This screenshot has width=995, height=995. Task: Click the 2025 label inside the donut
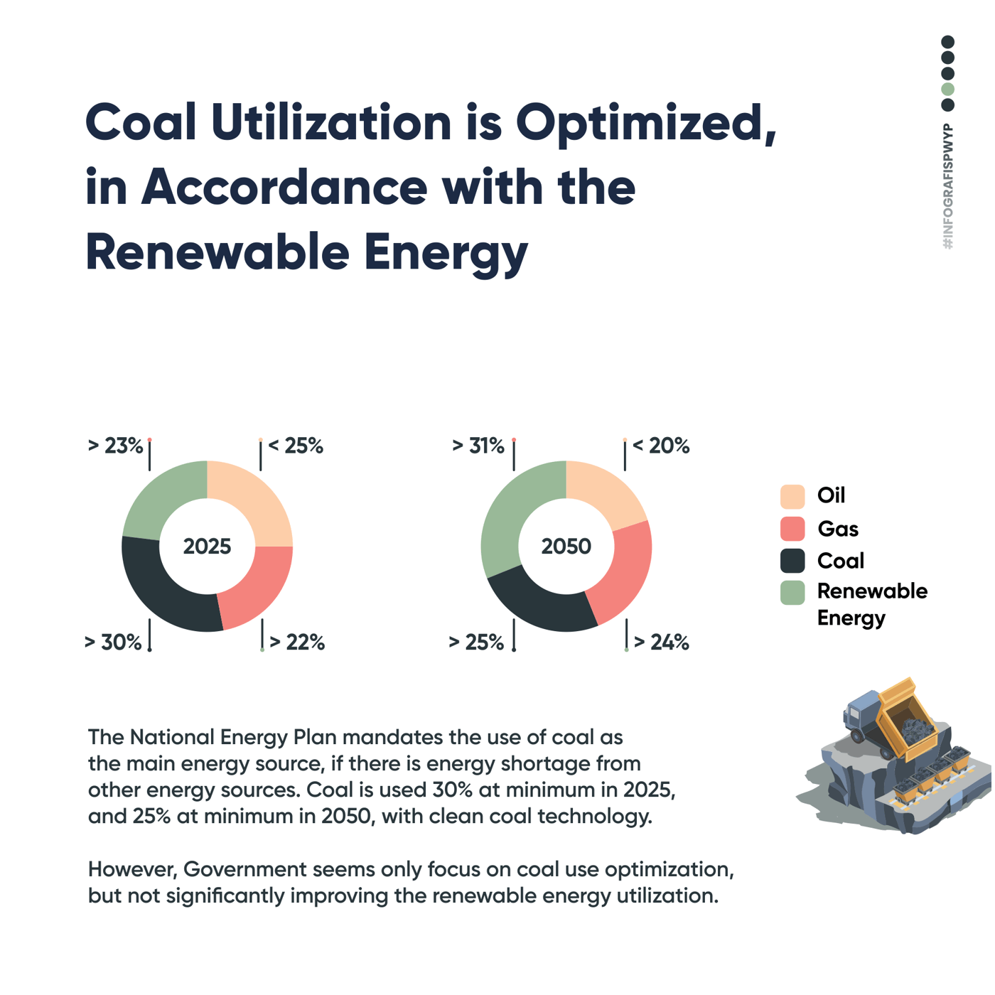pos(207,546)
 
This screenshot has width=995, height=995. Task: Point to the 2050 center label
pos(566,546)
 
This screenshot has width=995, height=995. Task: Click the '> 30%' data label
pos(113,642)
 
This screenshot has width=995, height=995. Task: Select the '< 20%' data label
pos(661,446)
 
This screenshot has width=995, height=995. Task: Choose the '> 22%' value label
pos(297,642)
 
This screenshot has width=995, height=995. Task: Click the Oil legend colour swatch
pos(792,496)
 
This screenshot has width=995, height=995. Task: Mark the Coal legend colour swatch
pos(792,561)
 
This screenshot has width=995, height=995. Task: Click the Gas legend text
pos(838,529)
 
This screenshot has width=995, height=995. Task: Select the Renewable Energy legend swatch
pos(792,592)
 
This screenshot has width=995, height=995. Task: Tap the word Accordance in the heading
pos(284,188)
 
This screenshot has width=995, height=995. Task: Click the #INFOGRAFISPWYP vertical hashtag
pos(948,186)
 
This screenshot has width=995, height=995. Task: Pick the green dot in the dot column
pos(947,90)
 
